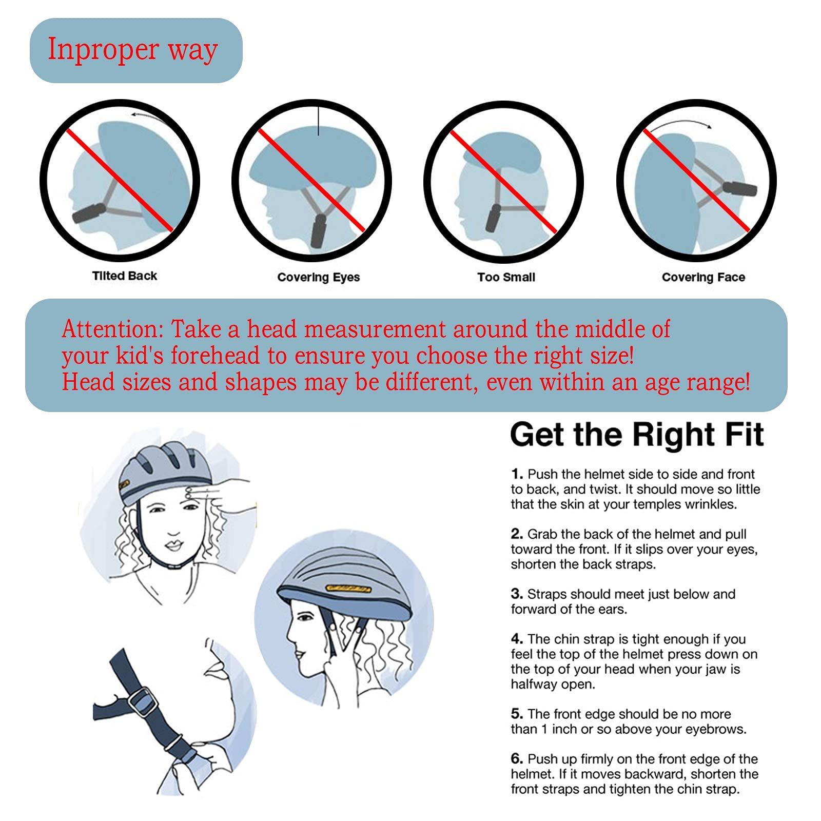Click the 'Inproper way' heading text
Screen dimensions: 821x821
point(132,50)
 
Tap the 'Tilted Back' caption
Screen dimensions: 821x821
point(125,276)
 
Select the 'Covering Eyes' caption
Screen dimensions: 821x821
point(319,278)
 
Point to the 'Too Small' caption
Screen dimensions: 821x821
point(506,278)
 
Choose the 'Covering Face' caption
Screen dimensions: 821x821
point(703,278)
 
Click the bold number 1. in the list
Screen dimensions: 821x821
point(517,475)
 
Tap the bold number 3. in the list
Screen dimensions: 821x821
point(517,594)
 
